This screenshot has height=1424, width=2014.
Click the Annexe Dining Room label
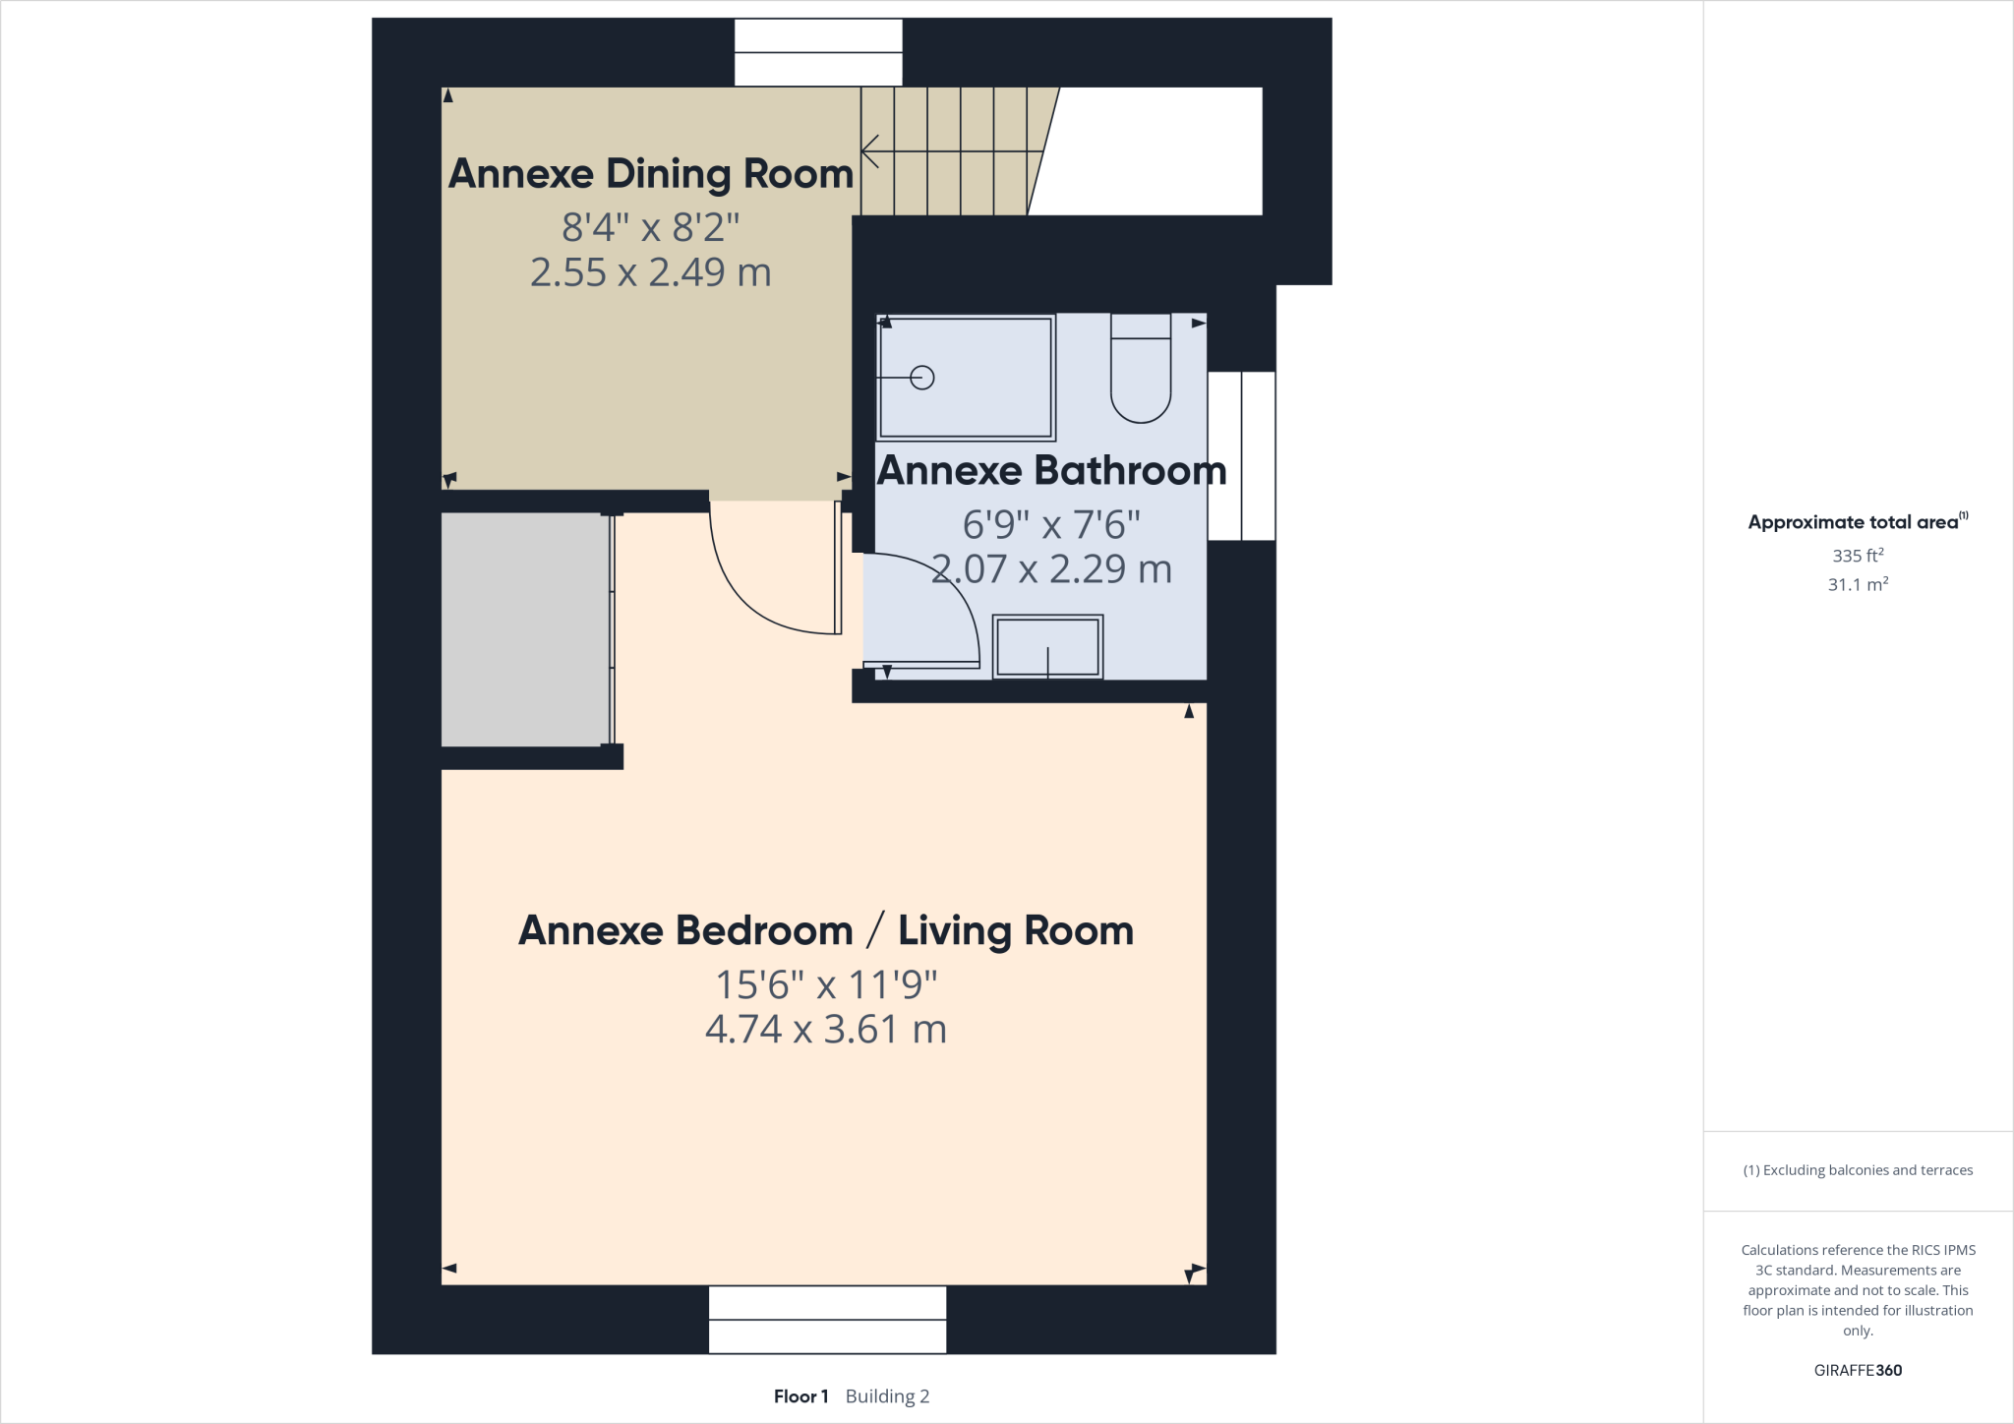pyautogui.click(x=650, y=174)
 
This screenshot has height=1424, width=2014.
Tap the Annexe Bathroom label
pyautogui.click(x=1051, y=471)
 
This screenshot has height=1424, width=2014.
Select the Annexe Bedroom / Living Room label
pyautogui.click(x=825, y=930)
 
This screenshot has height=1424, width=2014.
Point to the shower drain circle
pyautogui.click(x=922, y=378)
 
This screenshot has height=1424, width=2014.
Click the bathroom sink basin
pyautogui.click(x=1047, y=647)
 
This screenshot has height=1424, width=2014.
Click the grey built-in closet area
pyautogui.click(x=525, y=629)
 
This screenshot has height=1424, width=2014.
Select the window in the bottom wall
pyautogui.click(x=827, y=1320)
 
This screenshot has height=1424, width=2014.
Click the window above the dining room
pyautogui.click(x=818, y=53)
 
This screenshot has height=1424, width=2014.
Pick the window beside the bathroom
pyautogui.click(x=1241, y=455)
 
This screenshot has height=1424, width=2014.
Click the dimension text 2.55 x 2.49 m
pyautogui.click(x=650, y=272)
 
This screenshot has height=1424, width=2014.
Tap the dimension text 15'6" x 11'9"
pyautogui.click(x=825, y=984)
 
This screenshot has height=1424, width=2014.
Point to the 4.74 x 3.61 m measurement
pyautogui.click(x=825, y=1030)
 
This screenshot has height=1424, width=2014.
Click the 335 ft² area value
pyautogui.click(x=1857, y=556)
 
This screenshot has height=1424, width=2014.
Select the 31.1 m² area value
pyautogui.click(x=1857, y=584)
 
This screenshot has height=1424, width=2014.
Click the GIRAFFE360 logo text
pyautogui.click(x=1857, y=1370)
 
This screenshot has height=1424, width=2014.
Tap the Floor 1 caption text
pyautogui.click(x=800, y=1396)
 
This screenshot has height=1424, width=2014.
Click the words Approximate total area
pyautogui.click(x=1853, y=522)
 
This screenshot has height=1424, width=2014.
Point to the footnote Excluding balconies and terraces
pyautogui.click(x=1858, y=1170)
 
